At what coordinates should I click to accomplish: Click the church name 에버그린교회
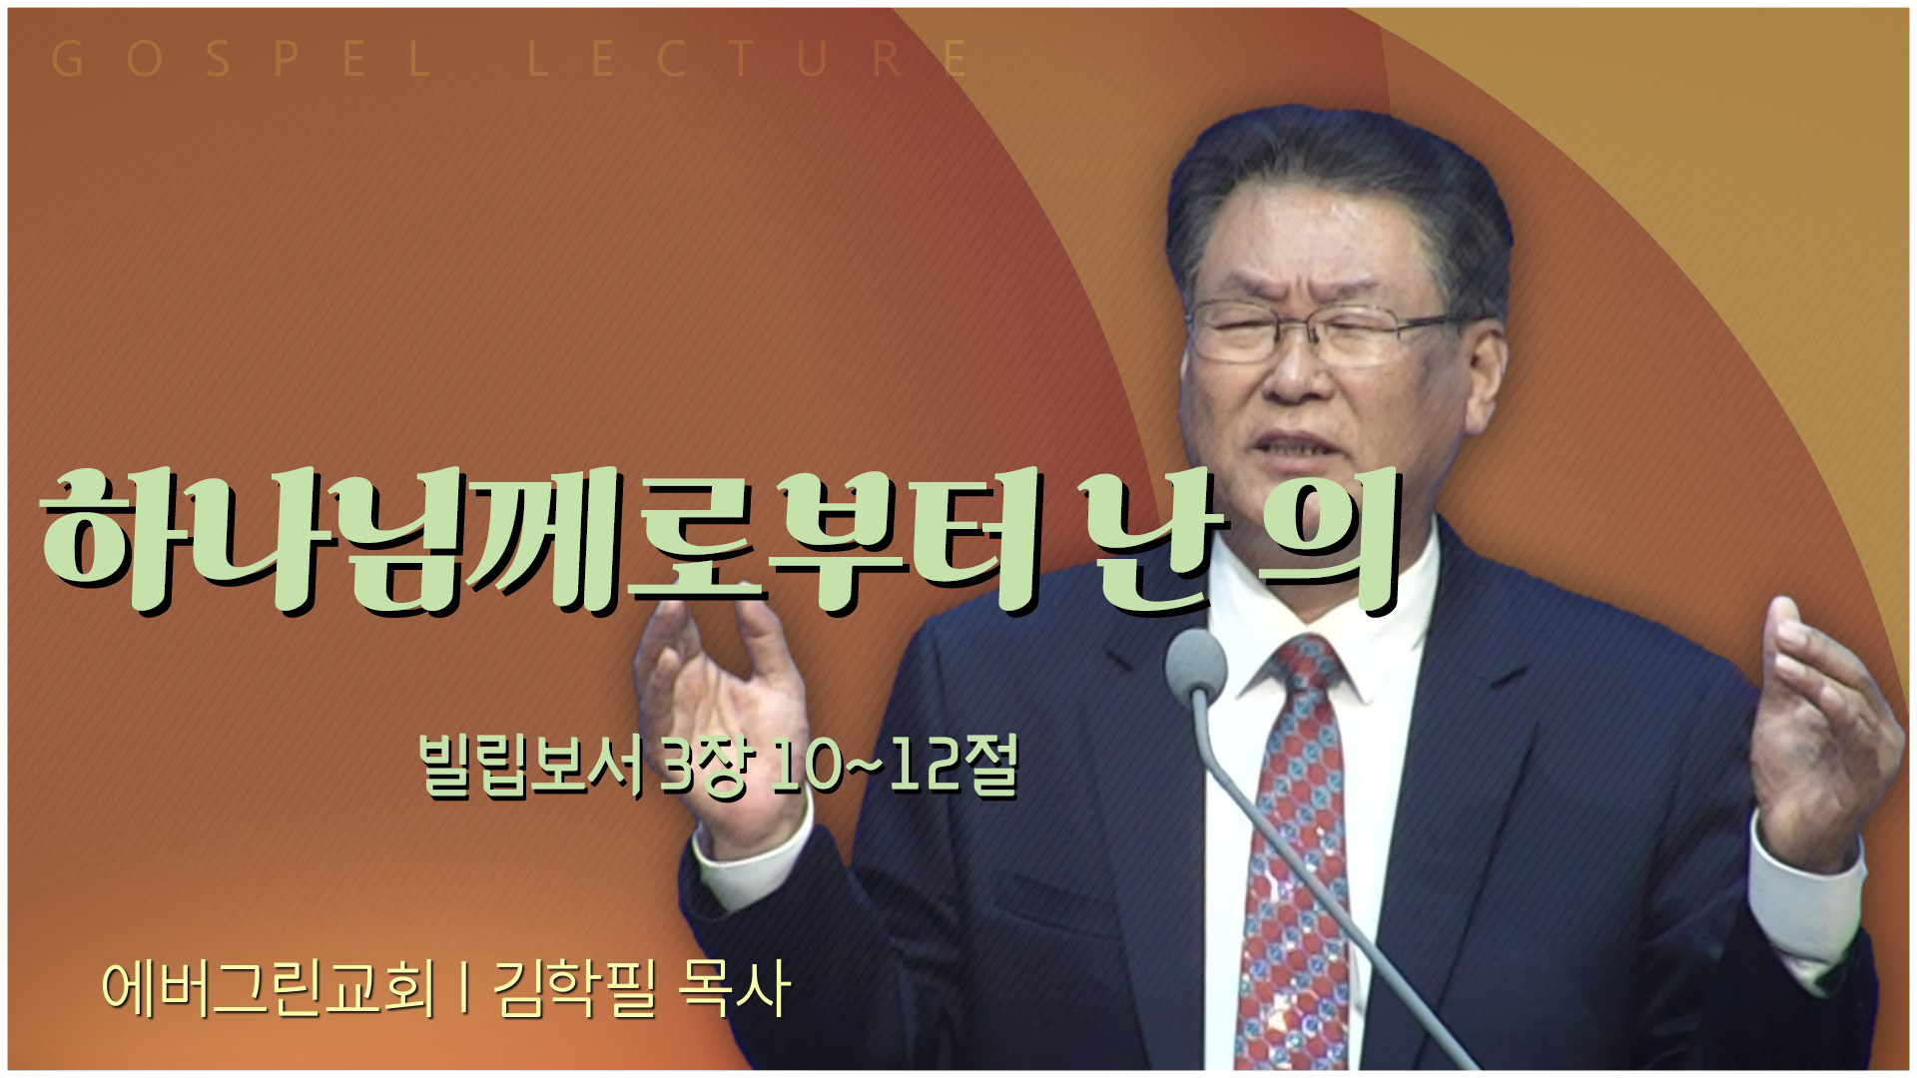pyautogui.click(x=269, y=988)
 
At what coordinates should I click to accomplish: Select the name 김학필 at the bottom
pyautogui.click(x=575, y=988)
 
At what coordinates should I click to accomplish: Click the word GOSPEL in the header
pyautogui.click(x=240, y=60)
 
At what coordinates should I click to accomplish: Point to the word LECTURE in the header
pyautogui.click(x=749, y=60)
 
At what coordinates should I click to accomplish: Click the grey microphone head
pyautogui.click(x=1195, y=662)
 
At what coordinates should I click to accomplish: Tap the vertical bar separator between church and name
pyautogui.click(x=465, y=988)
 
